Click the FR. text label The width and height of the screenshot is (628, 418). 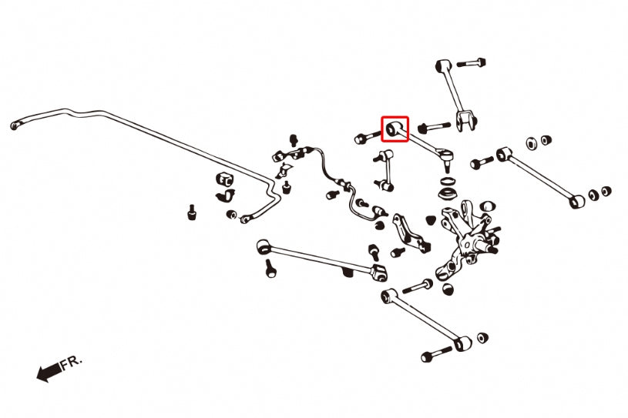72,363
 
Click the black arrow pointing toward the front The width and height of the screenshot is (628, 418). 49,372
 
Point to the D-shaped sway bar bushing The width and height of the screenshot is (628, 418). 224,179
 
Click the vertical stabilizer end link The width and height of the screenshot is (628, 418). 386,169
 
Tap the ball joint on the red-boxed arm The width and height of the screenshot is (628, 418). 447,157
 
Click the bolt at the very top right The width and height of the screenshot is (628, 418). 472,63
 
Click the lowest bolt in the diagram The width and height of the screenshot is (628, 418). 436,353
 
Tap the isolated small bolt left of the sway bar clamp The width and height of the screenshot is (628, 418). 192,212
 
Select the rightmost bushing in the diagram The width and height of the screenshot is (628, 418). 606,191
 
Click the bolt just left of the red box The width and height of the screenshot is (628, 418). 367,137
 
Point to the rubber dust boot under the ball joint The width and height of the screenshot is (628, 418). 448,192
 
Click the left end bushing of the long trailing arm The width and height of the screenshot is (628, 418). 263,246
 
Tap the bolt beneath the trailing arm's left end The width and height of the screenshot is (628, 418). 270,268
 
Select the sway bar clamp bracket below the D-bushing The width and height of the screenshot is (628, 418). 227,196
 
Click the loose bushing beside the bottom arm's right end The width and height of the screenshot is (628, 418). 482,337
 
